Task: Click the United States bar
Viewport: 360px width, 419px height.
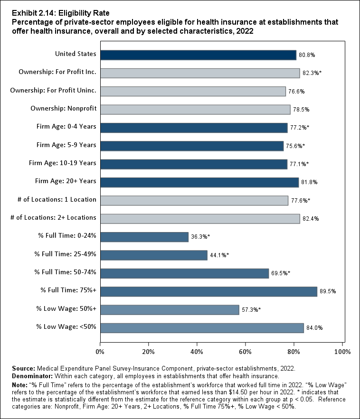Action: click(198, 55)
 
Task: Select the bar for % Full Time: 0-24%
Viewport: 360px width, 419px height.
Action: click(144, 237)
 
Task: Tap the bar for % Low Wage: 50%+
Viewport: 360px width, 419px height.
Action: click(170, 309)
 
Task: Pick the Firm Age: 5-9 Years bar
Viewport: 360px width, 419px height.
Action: click(192, 146)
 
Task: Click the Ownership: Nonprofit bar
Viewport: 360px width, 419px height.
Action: click(195, 110)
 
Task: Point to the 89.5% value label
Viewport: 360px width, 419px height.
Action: click(327, 291)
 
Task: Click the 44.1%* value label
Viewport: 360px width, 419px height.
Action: click(219, 255)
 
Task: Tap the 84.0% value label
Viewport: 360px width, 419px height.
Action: click(314, 328)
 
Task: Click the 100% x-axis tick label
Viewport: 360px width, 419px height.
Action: click(342, 352)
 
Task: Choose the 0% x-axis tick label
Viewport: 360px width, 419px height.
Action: click(100, 352)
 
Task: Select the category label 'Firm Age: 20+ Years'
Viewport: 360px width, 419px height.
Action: click(66, 181)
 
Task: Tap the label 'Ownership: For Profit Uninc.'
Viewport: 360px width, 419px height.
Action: click(53, 90)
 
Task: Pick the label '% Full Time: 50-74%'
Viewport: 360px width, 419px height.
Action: click(65, 272)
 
